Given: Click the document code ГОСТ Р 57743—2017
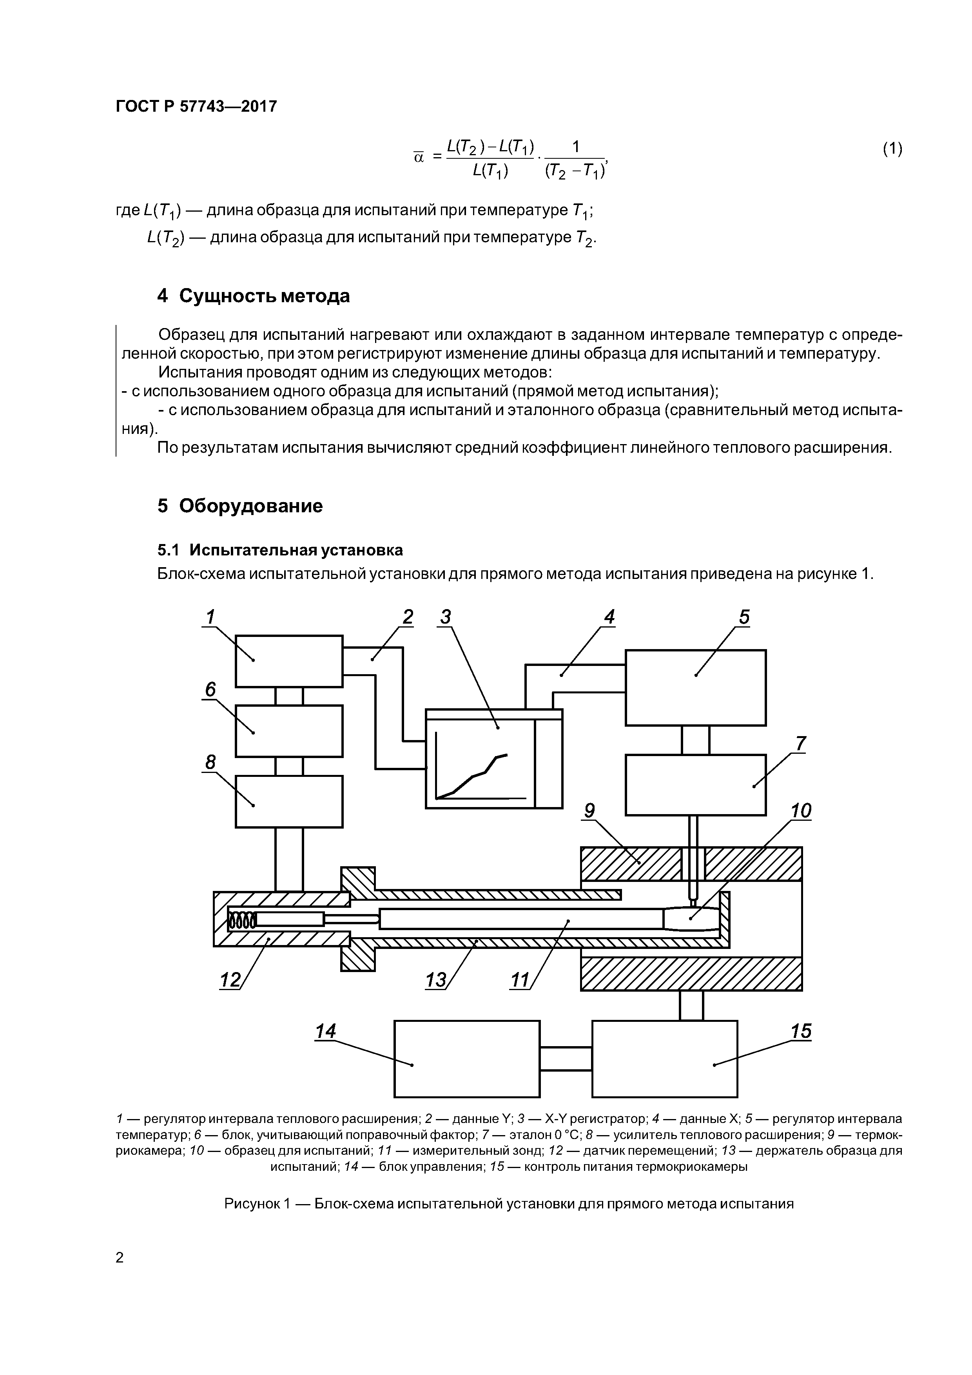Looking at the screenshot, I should pos(196,107).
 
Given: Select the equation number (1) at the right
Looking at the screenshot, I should pos(892,149).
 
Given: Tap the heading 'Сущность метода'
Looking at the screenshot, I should pos(264,296).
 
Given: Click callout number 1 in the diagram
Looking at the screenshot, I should pos(210,616).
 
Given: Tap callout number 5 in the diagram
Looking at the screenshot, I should pos(744,616).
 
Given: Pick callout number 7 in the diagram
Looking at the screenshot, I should pos(801,743).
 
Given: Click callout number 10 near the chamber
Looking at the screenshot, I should pos(801,811).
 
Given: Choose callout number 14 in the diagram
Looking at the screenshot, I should pos(326,1031).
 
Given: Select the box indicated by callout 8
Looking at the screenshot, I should pos(289,801).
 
